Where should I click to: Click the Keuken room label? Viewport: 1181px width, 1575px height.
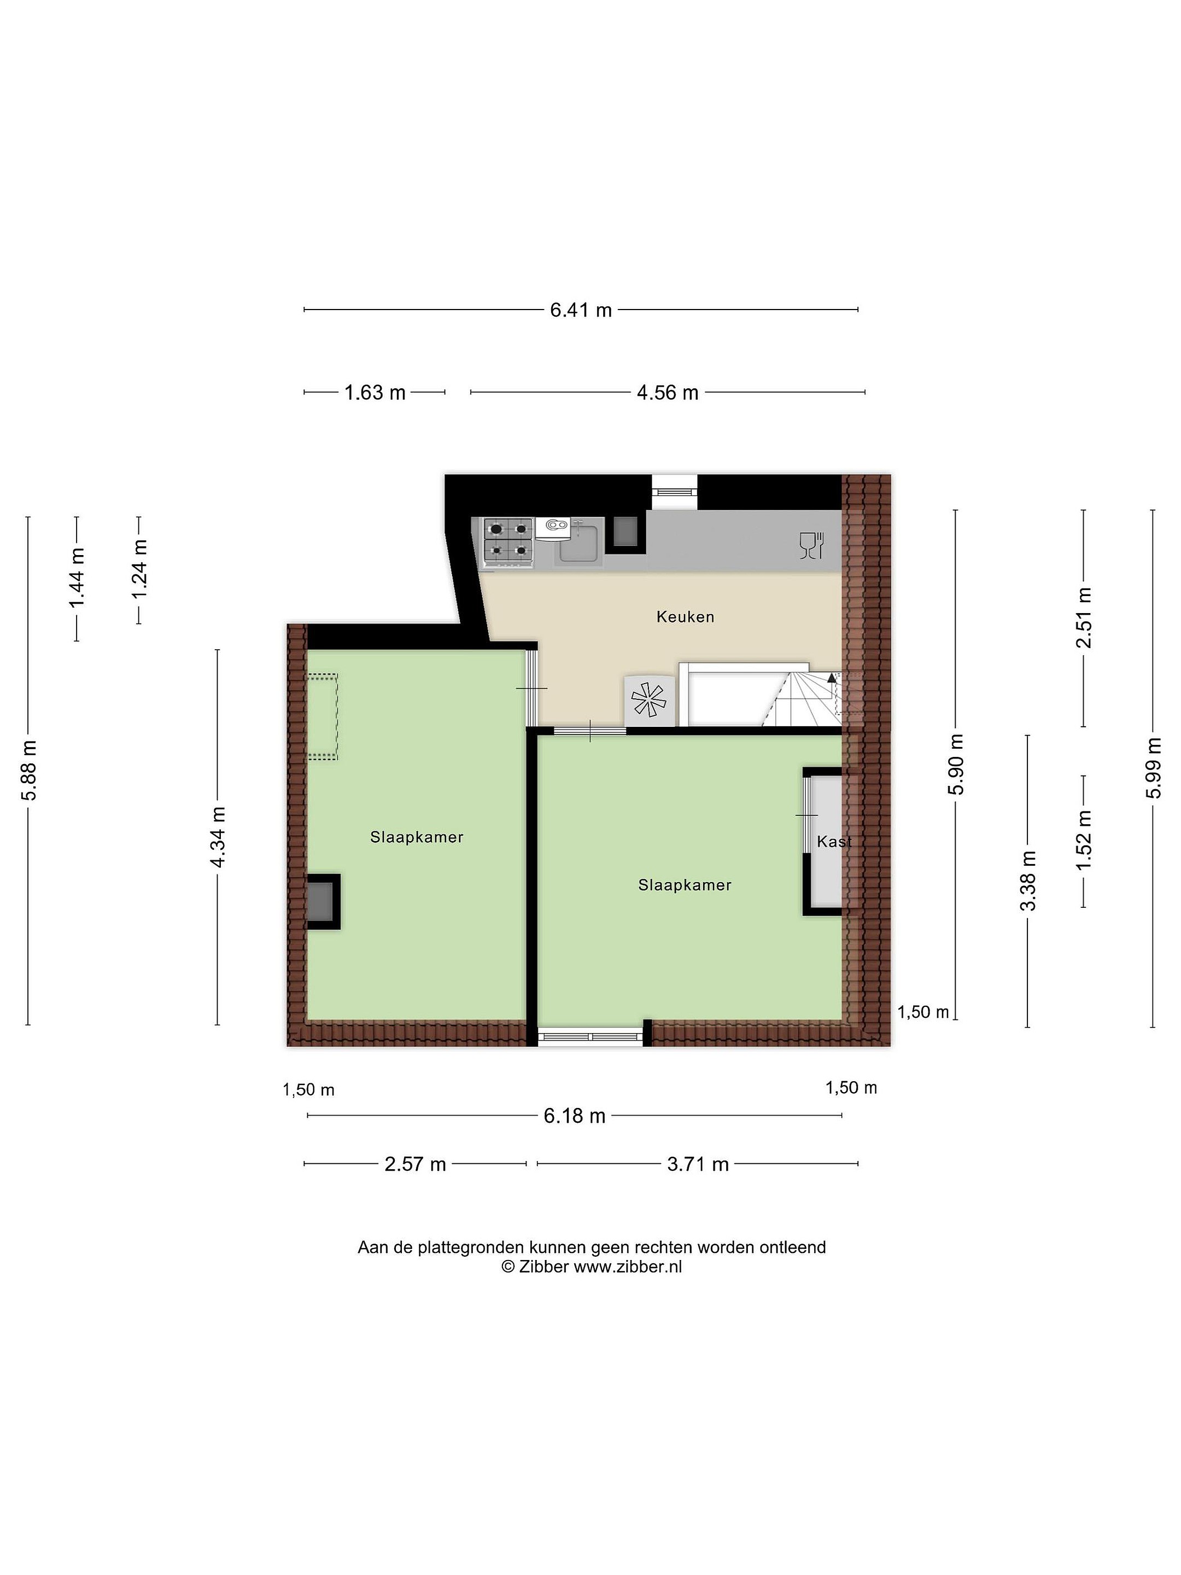[x=685, y=617]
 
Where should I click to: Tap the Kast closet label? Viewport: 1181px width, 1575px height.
[x=834, y=842]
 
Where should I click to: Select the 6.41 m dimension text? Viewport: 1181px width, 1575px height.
[x=580, y=311]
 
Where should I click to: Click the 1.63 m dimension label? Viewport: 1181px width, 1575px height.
[x=375, y=392]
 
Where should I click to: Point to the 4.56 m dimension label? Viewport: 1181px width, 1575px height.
[x=667, y=392]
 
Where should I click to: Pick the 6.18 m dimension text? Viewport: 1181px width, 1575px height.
[x=575, y=1116]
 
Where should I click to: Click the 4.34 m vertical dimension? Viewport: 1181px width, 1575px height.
[x=219, y=837]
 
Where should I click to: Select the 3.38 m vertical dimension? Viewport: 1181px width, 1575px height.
[x=1028, y=881]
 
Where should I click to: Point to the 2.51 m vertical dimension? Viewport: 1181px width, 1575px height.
[x=1084, y=617]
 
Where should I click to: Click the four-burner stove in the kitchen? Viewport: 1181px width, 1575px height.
[x=507, y=542]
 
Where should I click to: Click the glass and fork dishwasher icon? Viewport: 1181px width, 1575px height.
[x=811, y=545]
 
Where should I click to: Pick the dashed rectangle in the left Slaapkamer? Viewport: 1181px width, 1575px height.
[x=323, y=717]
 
